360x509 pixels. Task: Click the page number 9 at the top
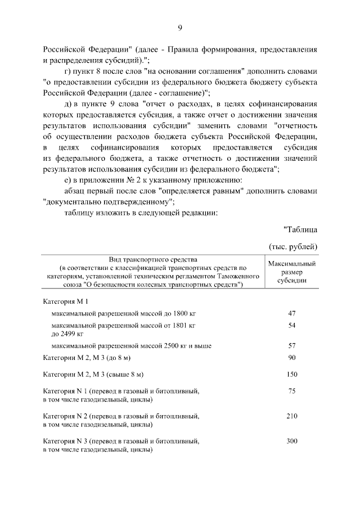click(x=180, y=28)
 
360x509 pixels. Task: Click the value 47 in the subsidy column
click(x=291, y=313)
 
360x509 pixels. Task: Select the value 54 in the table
click(x=291, y=326)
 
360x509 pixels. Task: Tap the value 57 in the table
click(x=291, y=345)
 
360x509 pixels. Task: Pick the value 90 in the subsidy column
click(x=291, y=358)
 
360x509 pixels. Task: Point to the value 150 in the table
click(x=291, y=374)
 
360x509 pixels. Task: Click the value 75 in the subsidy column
click(x=291, y=390)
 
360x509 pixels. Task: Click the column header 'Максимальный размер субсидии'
click(x=291, y=272)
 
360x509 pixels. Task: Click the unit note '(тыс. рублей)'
click(x=293, y=246)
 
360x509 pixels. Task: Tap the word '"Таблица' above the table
click(x=300, y=229)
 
